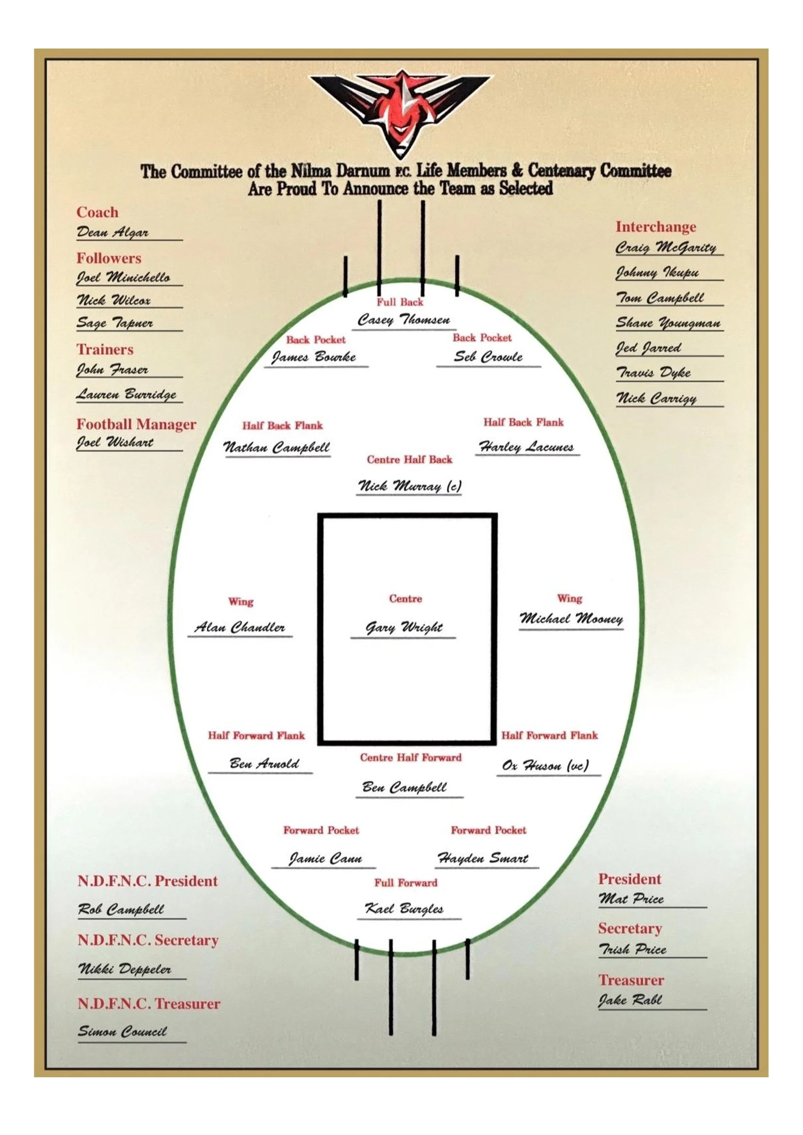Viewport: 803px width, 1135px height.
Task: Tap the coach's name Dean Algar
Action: [112, 232]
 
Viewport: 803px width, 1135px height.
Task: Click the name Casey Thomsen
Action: [403, 320]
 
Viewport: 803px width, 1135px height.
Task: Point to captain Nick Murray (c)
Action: [409, 486]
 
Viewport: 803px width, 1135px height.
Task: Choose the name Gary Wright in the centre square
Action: [403, 627]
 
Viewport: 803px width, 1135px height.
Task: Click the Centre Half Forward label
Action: [410, 757]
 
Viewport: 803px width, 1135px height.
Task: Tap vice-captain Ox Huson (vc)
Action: [545, 765]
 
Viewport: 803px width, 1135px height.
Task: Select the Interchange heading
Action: [655, 227]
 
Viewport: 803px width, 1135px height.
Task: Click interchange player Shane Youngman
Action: [668, 323]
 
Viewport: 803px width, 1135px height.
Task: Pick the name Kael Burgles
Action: [404, 908]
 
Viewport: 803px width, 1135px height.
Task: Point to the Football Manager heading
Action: [136, 424]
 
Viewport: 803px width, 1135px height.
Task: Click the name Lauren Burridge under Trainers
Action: [126, 394]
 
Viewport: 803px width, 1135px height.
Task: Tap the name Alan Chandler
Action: [240, 627]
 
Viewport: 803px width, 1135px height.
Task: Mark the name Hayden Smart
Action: [483, 858]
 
